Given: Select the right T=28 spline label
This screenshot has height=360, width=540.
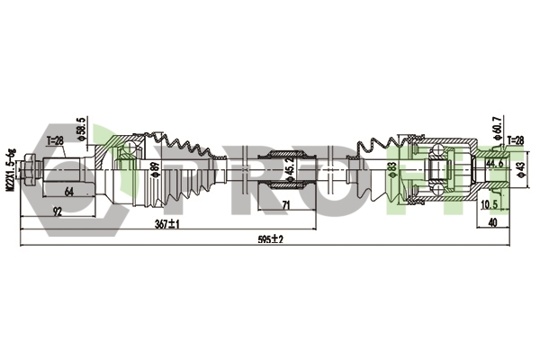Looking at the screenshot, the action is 516,139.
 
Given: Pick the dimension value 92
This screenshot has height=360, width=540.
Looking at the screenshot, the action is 58,212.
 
